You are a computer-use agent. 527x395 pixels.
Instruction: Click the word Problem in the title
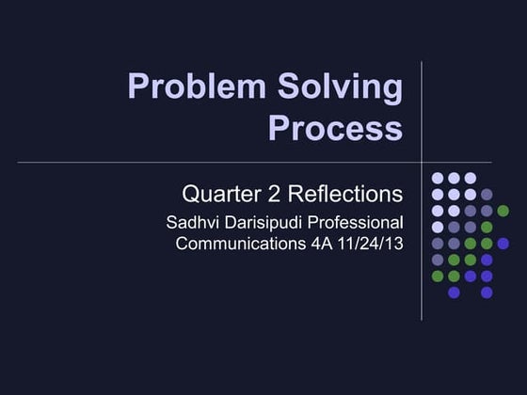tap(182, 87)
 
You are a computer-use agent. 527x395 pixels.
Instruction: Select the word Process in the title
tap(335, 127)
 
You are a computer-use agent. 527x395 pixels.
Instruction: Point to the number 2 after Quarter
tap(268, 195)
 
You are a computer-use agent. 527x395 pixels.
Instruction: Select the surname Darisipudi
tap(264, 224)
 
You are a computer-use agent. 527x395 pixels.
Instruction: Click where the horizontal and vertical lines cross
tap(420, 163)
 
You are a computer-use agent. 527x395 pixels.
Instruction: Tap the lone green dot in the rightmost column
tap(503, 211)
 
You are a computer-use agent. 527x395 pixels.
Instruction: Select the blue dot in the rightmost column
tap(503, 244)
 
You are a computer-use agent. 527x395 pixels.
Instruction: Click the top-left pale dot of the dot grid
tap(437, 178)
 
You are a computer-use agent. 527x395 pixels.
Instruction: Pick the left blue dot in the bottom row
tap(454, 292)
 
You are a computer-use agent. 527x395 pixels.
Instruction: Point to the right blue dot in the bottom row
tap(487, 292)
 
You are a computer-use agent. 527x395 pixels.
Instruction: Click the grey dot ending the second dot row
tap(487, 195)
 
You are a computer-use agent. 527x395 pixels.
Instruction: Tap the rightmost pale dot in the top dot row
tap(470, 178)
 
